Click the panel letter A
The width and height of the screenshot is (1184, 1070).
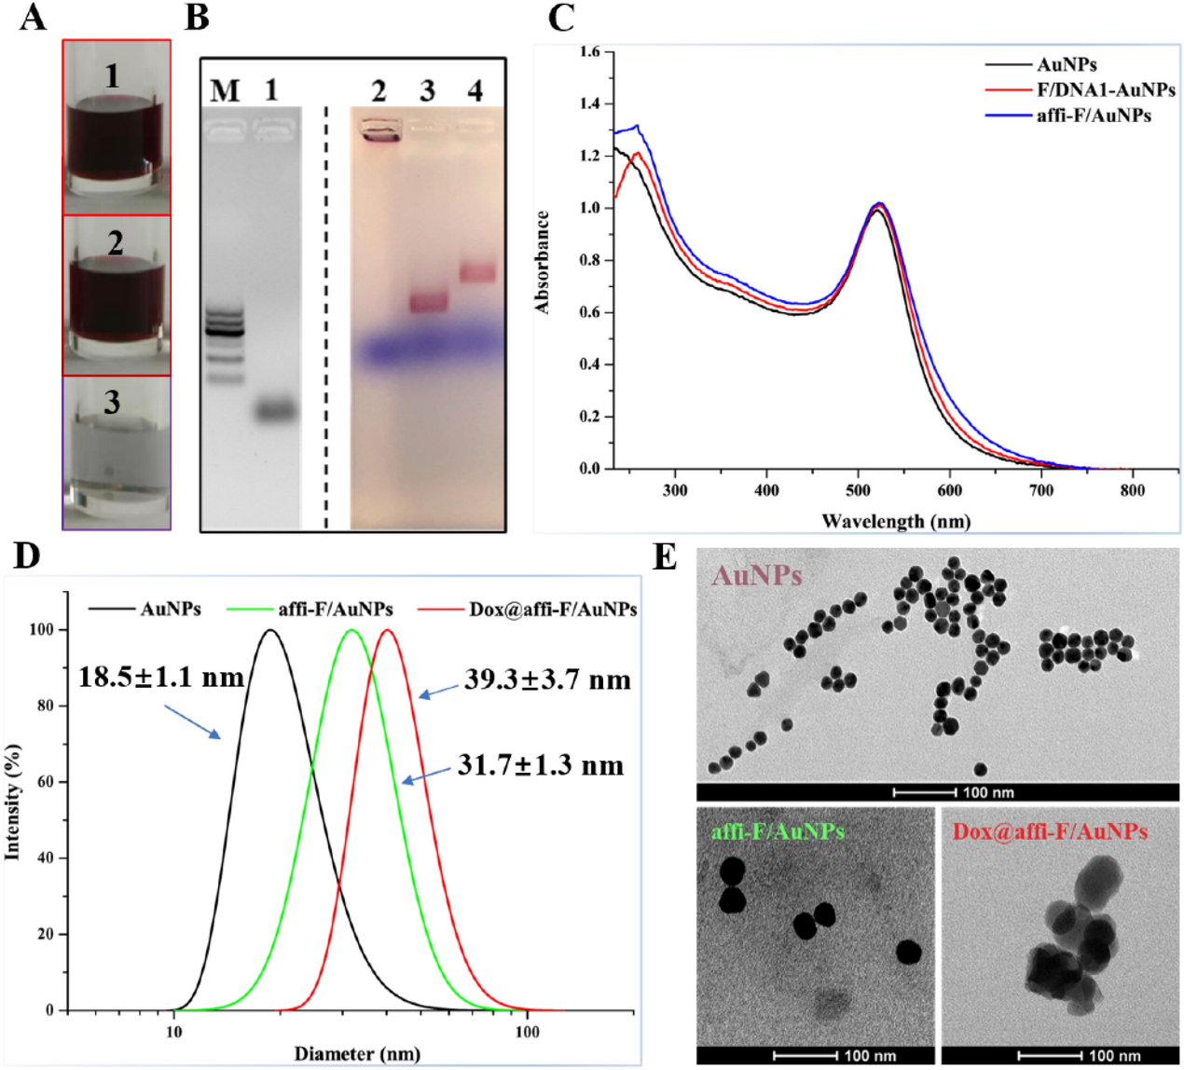[33, 17]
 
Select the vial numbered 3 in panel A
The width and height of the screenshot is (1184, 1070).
[117, 453]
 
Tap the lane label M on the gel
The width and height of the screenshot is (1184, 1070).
[225, 91]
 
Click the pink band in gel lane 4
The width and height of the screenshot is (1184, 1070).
[477, 273]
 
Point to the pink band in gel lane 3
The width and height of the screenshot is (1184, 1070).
[429, 303]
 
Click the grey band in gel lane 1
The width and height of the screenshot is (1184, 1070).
[276, 410]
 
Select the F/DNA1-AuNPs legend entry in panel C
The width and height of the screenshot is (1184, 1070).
[1105, 90]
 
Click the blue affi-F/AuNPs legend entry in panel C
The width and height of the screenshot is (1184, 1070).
[1093, 116]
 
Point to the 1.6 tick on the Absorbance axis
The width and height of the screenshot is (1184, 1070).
[589, 51]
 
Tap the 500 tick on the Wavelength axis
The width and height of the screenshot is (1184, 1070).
[858, 490]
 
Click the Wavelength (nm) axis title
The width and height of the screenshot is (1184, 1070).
[895, 521]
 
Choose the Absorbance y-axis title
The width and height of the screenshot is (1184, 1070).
[542, 262]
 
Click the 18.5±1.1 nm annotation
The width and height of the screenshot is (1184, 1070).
[160, 677]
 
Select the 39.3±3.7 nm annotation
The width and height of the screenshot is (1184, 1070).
[547, 679]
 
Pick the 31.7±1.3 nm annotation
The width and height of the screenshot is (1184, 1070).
[541, 766]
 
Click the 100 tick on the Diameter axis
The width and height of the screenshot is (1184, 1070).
[527, 1031]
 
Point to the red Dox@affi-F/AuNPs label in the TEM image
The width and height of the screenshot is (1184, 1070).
[1050, 831]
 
